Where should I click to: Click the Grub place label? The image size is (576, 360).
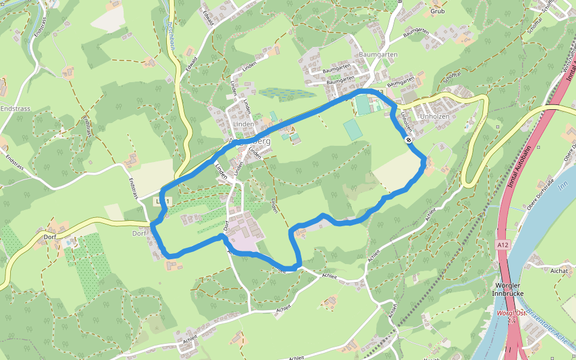[437, 11]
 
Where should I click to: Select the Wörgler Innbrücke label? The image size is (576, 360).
[508, 289]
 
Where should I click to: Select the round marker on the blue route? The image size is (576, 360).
[408, 140]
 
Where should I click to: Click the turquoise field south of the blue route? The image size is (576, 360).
[352, 128]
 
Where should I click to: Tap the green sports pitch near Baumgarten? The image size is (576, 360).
[363, 104]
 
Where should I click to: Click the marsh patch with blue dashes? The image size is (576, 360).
[287, 94]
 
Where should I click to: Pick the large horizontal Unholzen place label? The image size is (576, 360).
[435, 116]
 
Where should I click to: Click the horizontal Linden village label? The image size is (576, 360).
[243, 124]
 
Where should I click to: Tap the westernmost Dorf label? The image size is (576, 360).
[50, 236]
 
